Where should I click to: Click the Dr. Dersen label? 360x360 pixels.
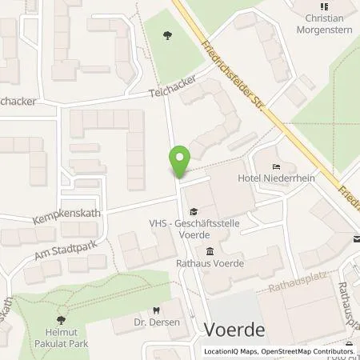point(156,326)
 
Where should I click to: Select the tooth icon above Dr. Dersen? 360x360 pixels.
point(156,313)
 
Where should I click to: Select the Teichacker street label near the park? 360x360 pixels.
point(173,94)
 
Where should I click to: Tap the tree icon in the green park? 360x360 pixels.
point(166,34)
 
